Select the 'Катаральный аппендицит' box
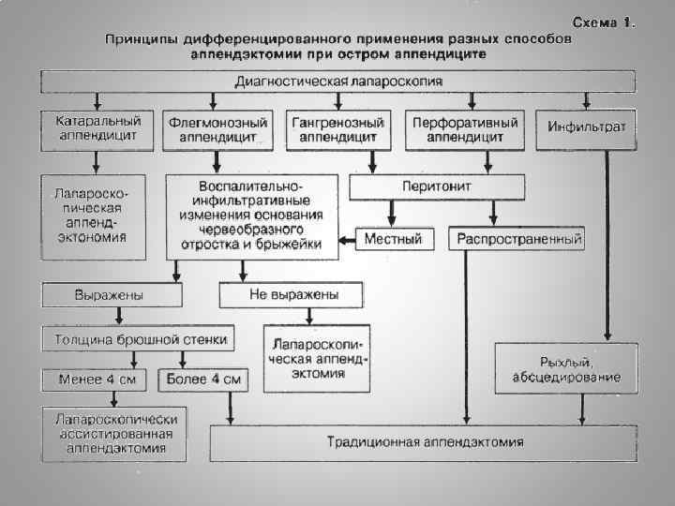click(97, 129)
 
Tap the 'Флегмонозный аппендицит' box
click(218, 130)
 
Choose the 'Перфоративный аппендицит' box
click(465, 130)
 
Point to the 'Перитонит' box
click(436, 187)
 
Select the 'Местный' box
click(393, 240)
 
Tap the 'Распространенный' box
click(519, 240)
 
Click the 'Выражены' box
click(112, 296)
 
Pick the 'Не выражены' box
click(292, 296)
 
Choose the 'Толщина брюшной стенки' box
click(140, 338)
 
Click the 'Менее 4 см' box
click(96, 380)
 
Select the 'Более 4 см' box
click(204, 380)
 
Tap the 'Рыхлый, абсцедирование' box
click(565, 369)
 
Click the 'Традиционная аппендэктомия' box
click(425, 441)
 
